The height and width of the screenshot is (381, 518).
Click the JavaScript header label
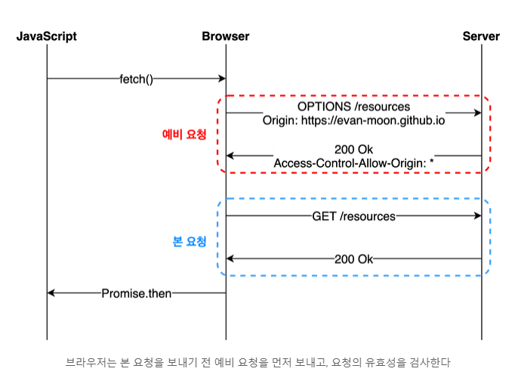(x=47, y=36)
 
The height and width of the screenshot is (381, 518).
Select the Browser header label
(x=225, y=36)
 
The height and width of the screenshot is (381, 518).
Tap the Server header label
(x=481, y=36)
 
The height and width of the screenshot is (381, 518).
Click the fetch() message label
(x=136, y=79)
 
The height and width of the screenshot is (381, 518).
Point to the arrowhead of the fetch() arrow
(x=222, y=79)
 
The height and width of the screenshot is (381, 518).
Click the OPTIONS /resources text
(x=353, y=107)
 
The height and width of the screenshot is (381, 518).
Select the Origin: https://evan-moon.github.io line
(x=353, y=120)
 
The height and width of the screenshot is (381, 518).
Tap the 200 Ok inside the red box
(x=353, y=149)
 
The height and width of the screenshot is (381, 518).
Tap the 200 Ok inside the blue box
(x=353, y=259)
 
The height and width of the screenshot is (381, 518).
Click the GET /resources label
(x=353, y=216)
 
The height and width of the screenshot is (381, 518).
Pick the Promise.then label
(x=136, y=293)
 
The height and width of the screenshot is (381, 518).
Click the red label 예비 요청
(x=184, y=135)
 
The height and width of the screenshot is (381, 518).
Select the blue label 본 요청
(x=190, y=243)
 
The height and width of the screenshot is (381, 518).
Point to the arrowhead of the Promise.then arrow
(x=51, y=293)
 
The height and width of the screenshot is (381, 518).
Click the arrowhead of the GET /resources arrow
(x=477, y=216)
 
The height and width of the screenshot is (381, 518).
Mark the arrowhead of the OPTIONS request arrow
(x=477, y=113)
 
